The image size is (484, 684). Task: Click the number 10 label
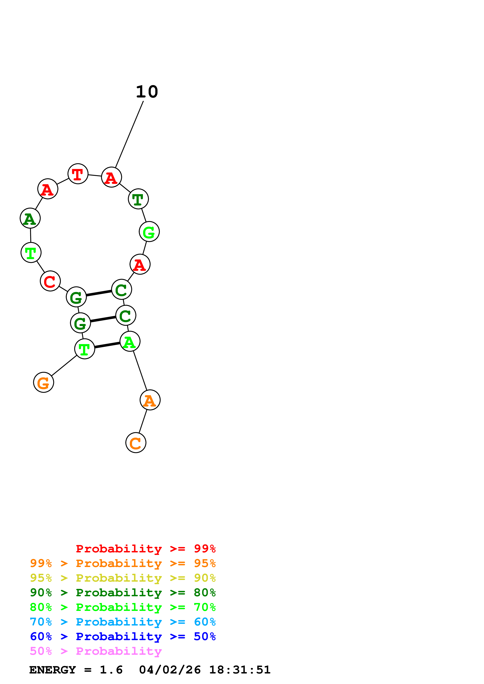pos(147,92)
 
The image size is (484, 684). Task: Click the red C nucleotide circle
pos(50,281)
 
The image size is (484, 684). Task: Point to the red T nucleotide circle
pos(78,174)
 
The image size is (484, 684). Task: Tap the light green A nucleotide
pos(130,341)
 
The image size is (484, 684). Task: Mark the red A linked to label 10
pos(111,177)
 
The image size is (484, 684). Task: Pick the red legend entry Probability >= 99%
pos(145,548)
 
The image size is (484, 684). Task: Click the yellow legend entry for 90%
pos(123,578)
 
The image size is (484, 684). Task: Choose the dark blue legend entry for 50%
pos(123,636)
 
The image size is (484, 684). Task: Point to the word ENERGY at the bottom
pos(53,670)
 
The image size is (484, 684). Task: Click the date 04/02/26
pos(170,670)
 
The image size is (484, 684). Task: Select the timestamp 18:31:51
pos(240,670)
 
